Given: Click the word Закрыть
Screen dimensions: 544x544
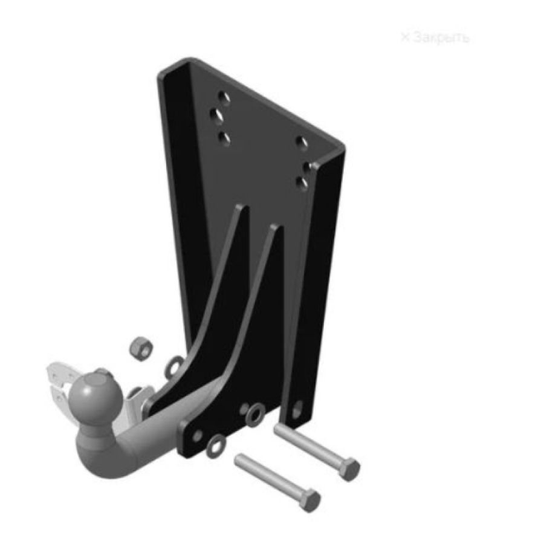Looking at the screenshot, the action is (442, 37).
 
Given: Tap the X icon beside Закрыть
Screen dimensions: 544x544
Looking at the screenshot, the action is (405, 37).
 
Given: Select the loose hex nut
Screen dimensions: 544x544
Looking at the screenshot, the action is (141, 348).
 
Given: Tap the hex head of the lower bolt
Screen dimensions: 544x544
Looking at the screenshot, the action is (311, 500).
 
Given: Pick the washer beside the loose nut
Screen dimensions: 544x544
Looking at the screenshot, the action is (174, 366).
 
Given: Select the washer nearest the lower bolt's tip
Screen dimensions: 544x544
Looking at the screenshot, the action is (216, 446).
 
